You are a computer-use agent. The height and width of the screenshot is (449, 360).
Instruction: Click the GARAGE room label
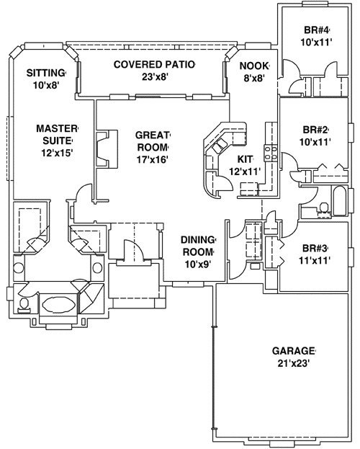[294, 351]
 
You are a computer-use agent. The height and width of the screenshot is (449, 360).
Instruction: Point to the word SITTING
[45, 73]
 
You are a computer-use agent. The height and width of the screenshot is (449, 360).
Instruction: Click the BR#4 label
[316, 30]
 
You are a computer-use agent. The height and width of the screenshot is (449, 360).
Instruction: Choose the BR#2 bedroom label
[315, 130]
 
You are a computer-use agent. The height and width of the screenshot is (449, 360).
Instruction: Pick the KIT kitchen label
[245, 159]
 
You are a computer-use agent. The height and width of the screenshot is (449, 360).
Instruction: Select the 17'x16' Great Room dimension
[152, 159]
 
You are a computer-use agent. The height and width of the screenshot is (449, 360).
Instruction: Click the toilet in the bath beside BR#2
[324, 208]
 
